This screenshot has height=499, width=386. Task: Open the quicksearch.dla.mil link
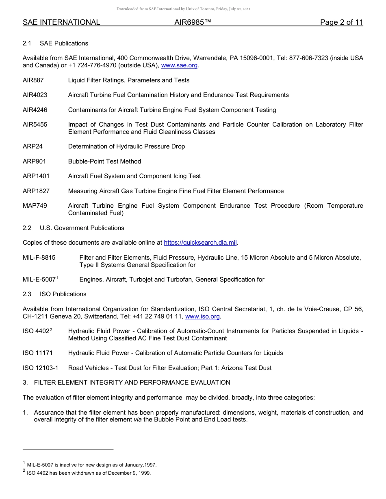[200, 243]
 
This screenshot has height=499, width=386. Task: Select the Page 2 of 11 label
[341, 22]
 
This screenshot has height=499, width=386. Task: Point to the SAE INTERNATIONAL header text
[61, 22]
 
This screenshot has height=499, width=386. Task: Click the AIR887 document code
[33, 80]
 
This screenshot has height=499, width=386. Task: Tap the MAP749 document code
[35, 206]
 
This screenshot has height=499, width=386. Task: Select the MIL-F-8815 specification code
[39, 258]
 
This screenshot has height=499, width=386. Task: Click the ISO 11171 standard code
[38, 353]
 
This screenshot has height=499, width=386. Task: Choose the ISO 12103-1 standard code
[41, 368]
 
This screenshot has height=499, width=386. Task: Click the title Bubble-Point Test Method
[104, 161]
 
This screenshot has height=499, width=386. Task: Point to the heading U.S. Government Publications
[82, 228]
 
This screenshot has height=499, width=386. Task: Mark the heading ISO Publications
[63, 294]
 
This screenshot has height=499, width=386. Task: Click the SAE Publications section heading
[64, 43]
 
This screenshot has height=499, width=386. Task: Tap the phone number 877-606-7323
[308, 58]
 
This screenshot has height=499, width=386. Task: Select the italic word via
[138, 420]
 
